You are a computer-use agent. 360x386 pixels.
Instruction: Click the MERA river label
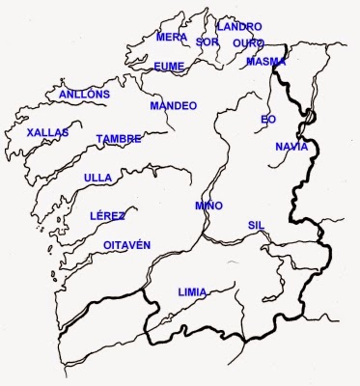[172, 37]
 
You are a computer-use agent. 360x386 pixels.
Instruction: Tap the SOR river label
[208, 42]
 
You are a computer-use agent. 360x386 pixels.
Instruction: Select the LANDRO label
[238, 26]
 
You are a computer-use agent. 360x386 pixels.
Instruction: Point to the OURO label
[248, 43]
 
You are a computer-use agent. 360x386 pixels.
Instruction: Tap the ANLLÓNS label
[84, 95]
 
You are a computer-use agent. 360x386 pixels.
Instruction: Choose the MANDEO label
[174, 105]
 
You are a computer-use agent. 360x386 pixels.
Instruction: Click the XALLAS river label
[49, 132]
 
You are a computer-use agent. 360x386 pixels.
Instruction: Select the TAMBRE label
[119, 140]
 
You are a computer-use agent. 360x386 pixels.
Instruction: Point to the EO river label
[268, 120]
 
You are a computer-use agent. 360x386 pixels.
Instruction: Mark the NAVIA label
[291, 147]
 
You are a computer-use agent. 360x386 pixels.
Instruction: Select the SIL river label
[256, 224]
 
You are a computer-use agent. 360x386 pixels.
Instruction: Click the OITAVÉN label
[127, 246]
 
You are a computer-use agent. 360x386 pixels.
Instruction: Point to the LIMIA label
[193, 290]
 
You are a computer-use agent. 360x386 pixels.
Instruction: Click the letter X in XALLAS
[31, 132]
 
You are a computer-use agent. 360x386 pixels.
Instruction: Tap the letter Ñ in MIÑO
[210, 207]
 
